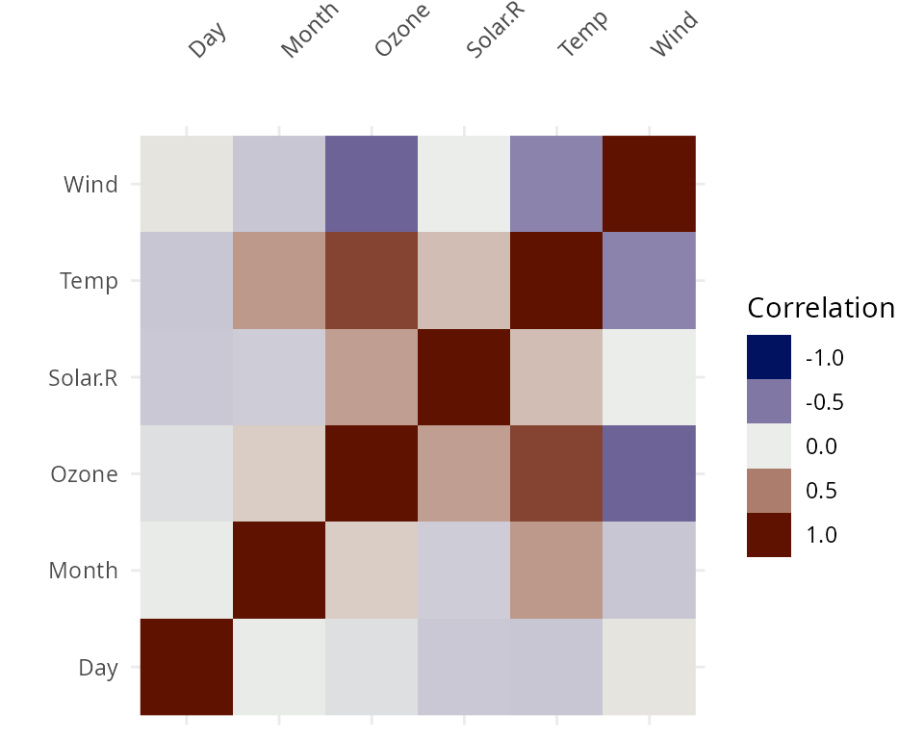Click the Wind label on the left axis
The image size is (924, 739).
coord(90,184)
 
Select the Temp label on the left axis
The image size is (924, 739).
coord(89,281)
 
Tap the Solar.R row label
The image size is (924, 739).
coord(83,377)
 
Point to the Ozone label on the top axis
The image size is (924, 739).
coord(400,31)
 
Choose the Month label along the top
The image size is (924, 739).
coord(309,31)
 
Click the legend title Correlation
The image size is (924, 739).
coord(821,308)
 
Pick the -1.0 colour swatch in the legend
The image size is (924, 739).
coord(769,357)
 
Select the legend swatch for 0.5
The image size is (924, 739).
coord(769,491)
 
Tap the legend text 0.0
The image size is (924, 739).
coord(821,446)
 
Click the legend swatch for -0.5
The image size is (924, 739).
coord(769,401)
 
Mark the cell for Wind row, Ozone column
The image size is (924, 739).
coord(372,184)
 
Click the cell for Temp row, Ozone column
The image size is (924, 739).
coord(372,281)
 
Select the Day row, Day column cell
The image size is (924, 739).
coord(187,667)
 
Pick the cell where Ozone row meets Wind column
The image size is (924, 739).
coord(649,473)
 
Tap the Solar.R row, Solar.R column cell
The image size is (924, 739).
coord(464,377)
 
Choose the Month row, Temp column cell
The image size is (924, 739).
coord(556,571)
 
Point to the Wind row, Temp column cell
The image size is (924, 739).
coord(556,184)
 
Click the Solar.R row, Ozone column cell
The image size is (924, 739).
coord(372,377)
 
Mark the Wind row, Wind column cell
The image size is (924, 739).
coord(649,184)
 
